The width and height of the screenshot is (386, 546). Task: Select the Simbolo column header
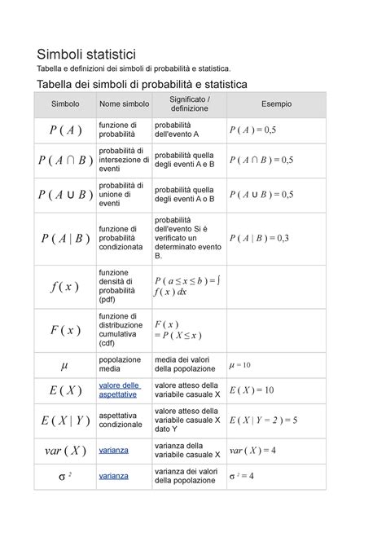coord(64,105)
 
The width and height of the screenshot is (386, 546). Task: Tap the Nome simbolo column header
coord(124,105)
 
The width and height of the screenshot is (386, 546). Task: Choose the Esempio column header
coord(276,105)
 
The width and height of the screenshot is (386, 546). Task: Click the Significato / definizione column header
coord(189,105)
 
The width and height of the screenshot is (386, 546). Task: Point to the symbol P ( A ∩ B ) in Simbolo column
coord(64,160)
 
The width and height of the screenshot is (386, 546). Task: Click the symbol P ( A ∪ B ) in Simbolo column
coord(64,194)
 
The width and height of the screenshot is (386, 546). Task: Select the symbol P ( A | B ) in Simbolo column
coord(64,238)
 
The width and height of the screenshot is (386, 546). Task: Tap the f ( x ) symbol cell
coord(64,286)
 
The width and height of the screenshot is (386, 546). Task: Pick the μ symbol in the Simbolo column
coord(64,364)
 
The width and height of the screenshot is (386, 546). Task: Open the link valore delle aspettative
coord(119,390)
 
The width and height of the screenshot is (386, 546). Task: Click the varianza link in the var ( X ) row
coord(113,450)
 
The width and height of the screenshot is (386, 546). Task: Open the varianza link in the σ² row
coord(113,476)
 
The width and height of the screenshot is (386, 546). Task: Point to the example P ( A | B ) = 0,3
coord(259,238)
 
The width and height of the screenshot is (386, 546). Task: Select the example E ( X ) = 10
coord(252,390)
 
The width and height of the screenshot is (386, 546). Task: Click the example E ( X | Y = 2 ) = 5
coord(263,420)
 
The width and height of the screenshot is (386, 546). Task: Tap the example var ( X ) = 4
coord(252,450)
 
